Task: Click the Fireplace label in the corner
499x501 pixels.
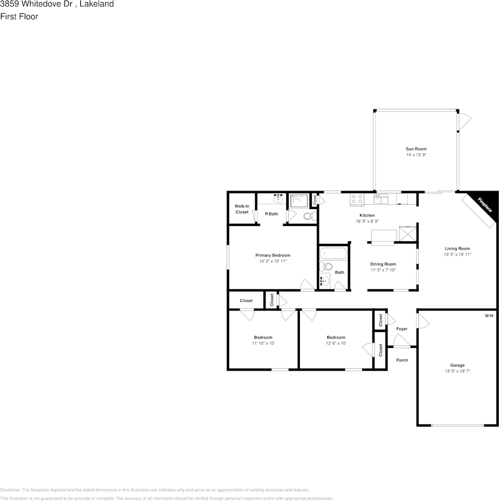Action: [x=485, y=205]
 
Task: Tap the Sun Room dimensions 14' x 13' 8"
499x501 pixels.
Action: [x=416, y=155]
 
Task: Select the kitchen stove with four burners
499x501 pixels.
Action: [x=357, y=199]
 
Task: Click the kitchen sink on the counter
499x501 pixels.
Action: [x=381, y=198]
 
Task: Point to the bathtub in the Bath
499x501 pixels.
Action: [x=333, y=253]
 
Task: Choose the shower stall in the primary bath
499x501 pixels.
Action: [x=299, y=201]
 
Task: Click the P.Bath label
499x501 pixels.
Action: [x=271, y=214]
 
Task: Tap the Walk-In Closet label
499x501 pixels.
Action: [x=242, y=209]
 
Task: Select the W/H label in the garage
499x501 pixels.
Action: [x=489, y=316]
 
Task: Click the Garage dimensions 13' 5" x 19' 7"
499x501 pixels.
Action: [x=457, y=371]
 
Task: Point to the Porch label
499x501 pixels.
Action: [x=402, y=360]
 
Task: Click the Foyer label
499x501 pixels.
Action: [x=402, y=329]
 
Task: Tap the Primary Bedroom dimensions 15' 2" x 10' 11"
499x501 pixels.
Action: [x=273, y=261]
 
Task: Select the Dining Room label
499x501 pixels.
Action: [x=383, y=264]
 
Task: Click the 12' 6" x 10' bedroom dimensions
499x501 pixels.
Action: [x=336, y=343]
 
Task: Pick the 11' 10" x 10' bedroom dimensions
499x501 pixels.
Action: [x=263, y=343]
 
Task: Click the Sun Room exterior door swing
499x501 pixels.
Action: [x=464, y=122]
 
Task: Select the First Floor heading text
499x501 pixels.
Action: [x=19, y=16]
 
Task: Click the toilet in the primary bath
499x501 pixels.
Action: [x=309, y=215]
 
